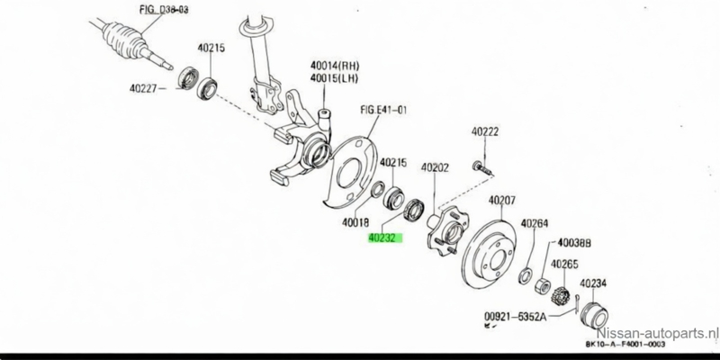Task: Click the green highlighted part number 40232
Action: point(385,239)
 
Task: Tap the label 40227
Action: point(146,87)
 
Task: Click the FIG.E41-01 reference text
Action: point(384,111)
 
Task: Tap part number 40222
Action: point(485,132)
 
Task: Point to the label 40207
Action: point(501,200)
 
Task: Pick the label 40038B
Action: point(573,242)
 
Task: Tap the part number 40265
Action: point(565,264)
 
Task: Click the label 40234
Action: point(592,284)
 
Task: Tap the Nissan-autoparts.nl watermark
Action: point(661,332)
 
